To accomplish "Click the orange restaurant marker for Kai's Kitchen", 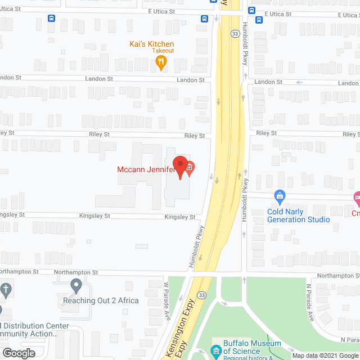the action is [x=161, y=63].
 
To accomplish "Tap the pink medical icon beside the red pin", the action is [x=190, y=167].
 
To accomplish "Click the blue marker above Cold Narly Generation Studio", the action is [x=280, y=197].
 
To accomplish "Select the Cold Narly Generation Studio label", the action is [x=298, y=215].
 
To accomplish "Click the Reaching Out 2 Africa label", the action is [x=101, y=300].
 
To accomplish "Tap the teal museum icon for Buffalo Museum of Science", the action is [x=216, y=352].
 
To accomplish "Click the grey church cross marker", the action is [x=5, y=290].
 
